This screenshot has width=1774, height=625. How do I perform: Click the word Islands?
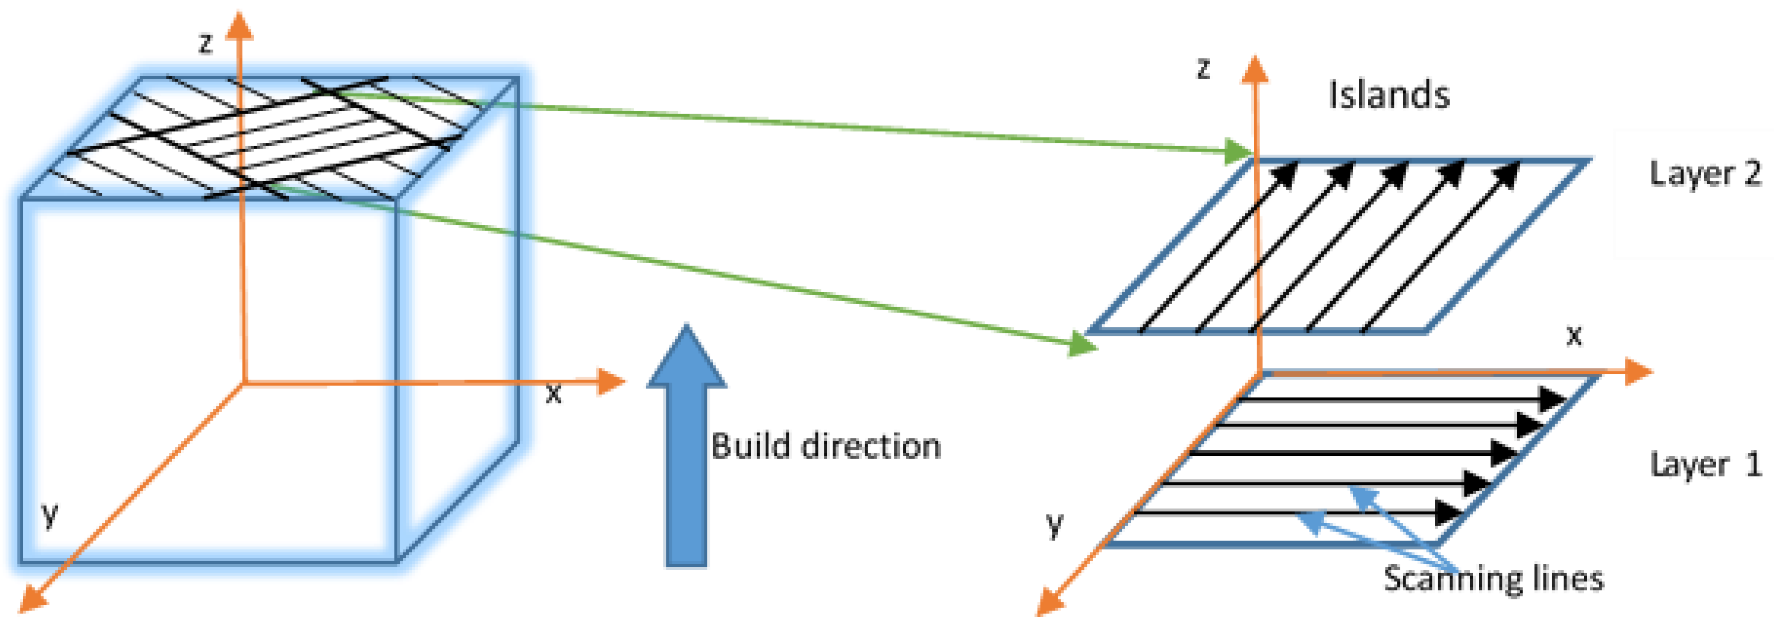[1388, 95]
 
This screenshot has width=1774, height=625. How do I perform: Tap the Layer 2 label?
[1704, 174]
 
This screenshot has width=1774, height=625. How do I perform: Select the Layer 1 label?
[1704, 465]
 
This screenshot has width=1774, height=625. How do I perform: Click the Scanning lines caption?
[1493, 578]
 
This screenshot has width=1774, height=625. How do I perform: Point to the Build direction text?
[825, 446]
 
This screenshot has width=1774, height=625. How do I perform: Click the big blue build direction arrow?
[686, 447]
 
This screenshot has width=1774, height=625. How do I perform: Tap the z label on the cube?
[205, 44]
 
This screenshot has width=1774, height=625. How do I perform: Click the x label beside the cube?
[553, 394]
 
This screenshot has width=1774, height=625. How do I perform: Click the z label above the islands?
[1203, 68]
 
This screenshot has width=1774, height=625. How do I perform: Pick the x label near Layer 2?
[1574, 335]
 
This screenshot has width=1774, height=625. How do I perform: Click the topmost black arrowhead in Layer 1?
[1552, 399]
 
